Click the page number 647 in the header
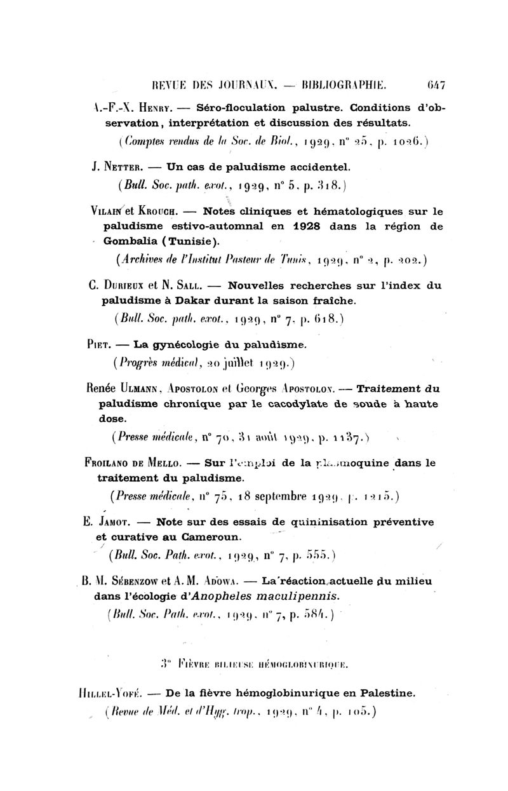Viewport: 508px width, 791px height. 435,83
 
